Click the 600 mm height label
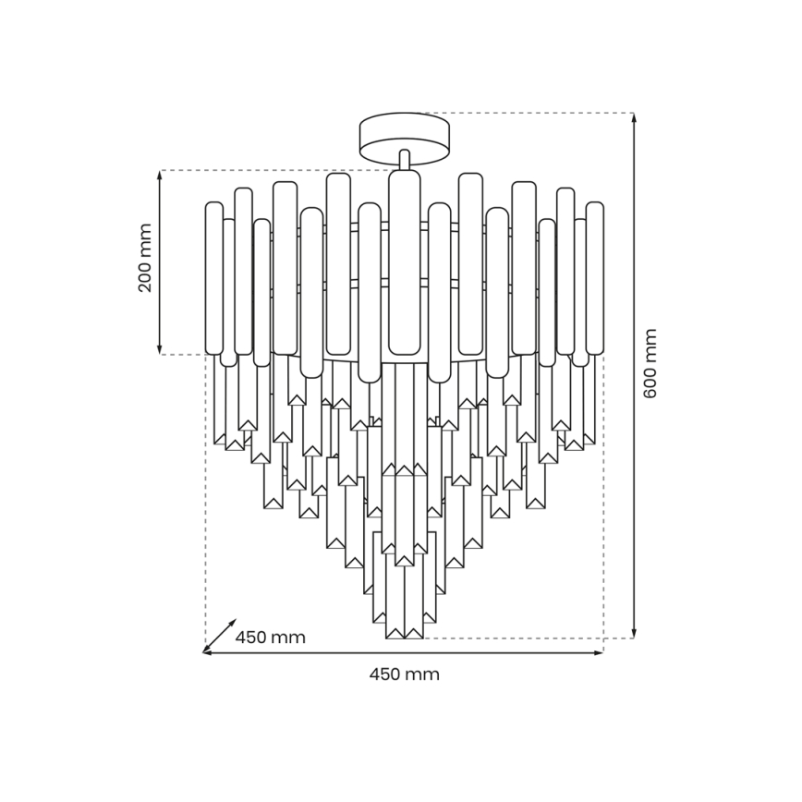pyautogui.click(x=650, y=363)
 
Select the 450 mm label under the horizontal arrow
pyautogui.click(x=405, y=674)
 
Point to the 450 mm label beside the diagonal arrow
pyautogui.click(x=270, y=638)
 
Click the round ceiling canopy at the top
pyautogui.click(x=404, y=134)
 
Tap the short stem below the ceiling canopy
pyautogui.click(x=404, y=159)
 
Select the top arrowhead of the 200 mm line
pyautogui.click(x=160, y=176)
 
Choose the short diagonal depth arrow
pyautogui.click(x=220, y=636)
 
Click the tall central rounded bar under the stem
pyautogui.click(x=404, y=262)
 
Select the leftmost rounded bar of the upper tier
pyautogui.click(x=214, y=278)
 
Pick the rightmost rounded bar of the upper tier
pyautogui.click(x=595, y=278)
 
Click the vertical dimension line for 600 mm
pyautogui.click(x=634, y=462)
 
